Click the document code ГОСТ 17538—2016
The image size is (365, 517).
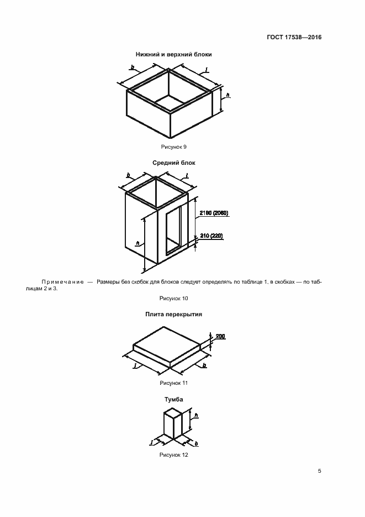click(x=294, y=37)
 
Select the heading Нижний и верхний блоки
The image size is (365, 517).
click(x=173, y=54)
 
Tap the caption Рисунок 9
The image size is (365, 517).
click(x=173, y=147)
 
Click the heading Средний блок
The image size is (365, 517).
click(x=174, y=163)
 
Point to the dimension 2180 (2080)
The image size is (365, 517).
click(x=214, y=213)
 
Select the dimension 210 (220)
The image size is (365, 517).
click(x=211, y=236)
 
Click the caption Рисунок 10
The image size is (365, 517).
click(x=173, y=299)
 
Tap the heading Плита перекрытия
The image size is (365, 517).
click(x=173, y=314)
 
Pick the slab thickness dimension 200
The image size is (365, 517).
click(x=220, y=336)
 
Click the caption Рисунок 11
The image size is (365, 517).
click(x=173, y=383)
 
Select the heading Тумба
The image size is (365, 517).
click(x=174, y=399)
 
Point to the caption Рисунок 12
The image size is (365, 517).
click(x=173, y=455)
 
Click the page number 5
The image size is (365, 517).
click(x=319, y=471)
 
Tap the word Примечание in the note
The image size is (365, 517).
click(x=62, y=282)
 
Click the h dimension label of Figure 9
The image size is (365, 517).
click(x=228, y=95)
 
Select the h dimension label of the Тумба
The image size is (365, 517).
click(x=196, y=415)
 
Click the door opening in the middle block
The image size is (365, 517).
click(x=173, y=231)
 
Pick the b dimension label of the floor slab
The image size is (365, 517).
click(x=204, y=365)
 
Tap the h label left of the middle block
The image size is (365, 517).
click(x=138, y=244)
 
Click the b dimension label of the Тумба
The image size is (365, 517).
click(x=196, y=444)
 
